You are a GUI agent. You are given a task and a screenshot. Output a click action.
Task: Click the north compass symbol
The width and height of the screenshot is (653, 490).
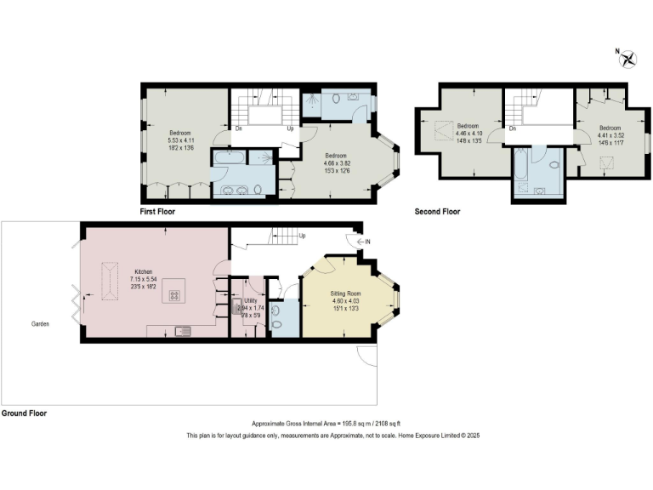(x=629, y=59)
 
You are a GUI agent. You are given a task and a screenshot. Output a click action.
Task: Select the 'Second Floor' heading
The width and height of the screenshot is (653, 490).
(x=437, y=211)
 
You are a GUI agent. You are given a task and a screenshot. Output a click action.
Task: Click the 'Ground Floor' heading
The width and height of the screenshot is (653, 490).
(x=24, y=413)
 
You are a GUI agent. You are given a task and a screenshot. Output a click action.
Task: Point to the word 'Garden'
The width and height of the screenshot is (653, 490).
(x=40, y=324)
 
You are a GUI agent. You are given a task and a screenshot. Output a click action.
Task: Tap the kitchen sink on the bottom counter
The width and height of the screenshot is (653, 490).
(x=182, y=331)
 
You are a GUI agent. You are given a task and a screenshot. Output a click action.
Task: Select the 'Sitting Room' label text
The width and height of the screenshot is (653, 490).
(x=346, y=293)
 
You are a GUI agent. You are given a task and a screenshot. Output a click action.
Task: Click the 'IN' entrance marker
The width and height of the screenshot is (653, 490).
(x=368, y=242)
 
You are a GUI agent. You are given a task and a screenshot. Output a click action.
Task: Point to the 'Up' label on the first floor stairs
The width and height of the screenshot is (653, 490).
(x=291, y=129)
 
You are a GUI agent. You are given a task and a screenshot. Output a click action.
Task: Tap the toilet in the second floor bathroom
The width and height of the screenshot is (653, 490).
(x=554, y=164)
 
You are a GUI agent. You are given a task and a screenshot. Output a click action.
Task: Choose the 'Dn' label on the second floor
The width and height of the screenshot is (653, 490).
(x=514, y=129)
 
